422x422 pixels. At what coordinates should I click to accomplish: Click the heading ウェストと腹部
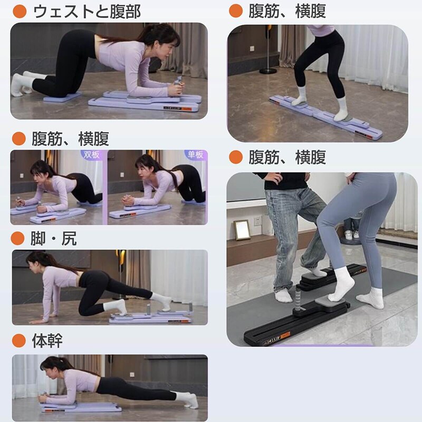click(x=87, y=12)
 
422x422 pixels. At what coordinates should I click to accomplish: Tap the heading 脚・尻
click(x=54, y=238)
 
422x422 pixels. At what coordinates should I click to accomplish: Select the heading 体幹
click(x=47, y=340)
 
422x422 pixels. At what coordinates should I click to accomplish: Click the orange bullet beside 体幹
click(x=19, y=340)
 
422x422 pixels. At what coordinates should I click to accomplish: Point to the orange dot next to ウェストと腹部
click(x=20, y=12)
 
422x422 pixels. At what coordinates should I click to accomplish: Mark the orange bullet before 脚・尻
click(x=18, y=238)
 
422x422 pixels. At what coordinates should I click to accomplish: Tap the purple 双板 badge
click(x=91, y=155)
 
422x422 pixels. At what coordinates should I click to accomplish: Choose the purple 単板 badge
click(x=196, y=155)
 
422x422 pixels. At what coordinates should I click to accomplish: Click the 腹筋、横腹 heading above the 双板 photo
click(x=71, y=139)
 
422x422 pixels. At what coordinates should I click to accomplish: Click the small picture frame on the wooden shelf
click(x=242, y=230)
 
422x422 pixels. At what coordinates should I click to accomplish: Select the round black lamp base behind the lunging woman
click(x=268, y=71)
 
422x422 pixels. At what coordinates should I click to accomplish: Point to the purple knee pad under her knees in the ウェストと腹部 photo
click(x=63, y=97)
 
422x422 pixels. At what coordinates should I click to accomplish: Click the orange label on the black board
click(x=285, y=335)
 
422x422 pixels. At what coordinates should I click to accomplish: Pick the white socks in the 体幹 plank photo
click(x=187, y=399)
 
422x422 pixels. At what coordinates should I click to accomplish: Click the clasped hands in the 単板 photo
click(x=128, y=200)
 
